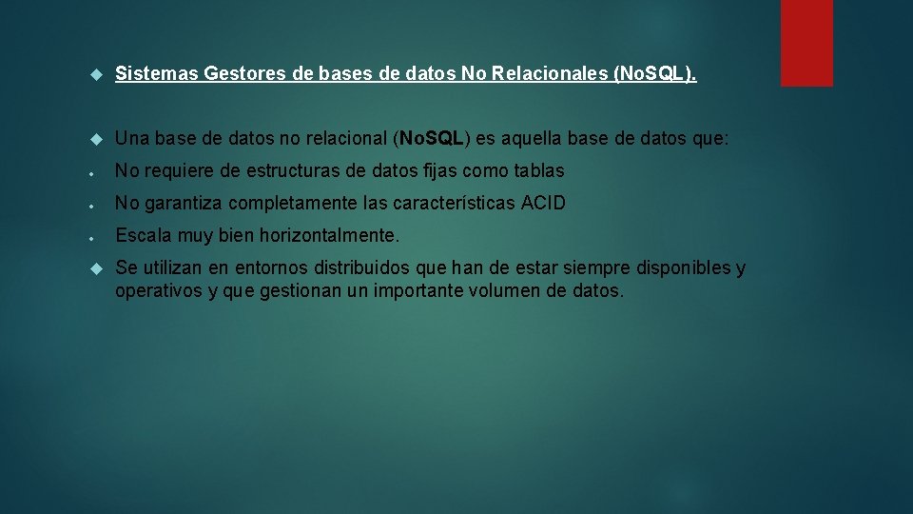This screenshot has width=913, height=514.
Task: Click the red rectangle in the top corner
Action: (x=806, y=43)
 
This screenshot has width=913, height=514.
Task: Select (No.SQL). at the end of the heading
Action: (x=655, y=74)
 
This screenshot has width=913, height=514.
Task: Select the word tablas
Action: (x=539, y=171)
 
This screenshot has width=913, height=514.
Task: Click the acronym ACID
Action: (x=544, y=203)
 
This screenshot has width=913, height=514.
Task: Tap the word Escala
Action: (x=143, y=235)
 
